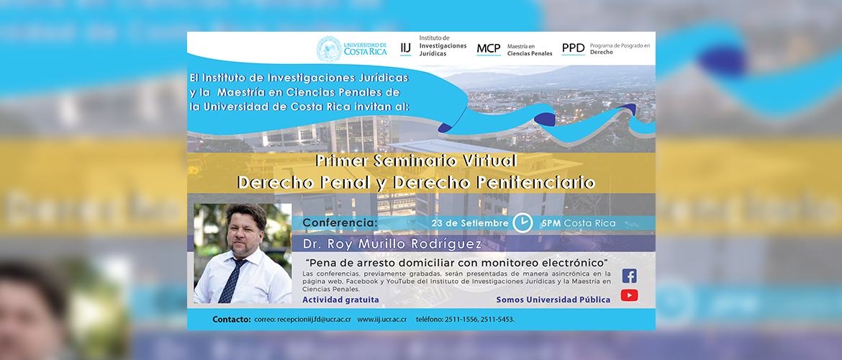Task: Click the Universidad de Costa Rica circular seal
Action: (329, 49)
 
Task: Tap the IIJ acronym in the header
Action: (406, 48)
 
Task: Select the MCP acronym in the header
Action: (489, 49)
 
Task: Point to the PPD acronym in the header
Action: (573, 48)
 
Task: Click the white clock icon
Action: (522, 222)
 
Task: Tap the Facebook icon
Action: (630, 276)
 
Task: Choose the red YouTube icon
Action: (630, 295)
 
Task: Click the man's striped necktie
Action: (232, 281)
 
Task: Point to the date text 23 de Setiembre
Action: (470, 222)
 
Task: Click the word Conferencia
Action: (340, 222)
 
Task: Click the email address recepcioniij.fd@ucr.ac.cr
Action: (314, 319)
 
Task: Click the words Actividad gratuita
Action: (340, 300)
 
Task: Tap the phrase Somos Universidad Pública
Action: (553, 300)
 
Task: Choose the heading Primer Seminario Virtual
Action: (416, 161)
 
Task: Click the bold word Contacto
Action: (232, 319)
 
